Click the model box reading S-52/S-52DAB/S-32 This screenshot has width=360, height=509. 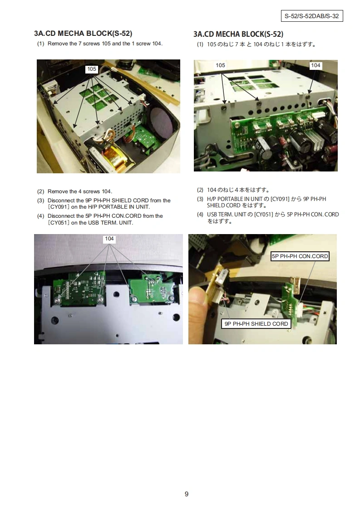312,16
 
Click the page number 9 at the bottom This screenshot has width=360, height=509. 187,494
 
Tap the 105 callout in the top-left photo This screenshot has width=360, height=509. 92,69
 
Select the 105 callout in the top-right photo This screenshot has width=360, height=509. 220,65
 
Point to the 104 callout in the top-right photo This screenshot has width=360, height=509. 316,65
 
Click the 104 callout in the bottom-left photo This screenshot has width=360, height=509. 109,239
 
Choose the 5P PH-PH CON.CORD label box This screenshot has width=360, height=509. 300,256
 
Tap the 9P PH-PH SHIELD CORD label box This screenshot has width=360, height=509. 256,323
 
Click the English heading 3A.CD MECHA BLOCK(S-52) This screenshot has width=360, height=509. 83,34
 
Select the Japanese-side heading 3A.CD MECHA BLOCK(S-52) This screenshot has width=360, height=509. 238,34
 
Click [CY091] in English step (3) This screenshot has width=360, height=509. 59,207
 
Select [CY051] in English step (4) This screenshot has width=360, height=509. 59,223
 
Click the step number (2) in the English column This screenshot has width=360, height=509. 40,191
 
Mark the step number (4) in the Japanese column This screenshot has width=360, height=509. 200,215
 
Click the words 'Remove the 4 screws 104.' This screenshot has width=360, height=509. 80,191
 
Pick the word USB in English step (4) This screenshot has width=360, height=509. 94,223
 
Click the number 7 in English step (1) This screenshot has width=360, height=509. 80,44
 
